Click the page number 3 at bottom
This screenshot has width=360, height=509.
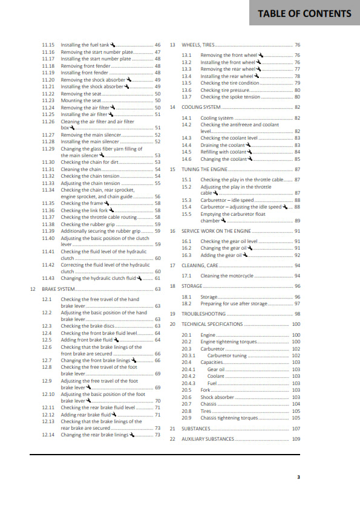[x=298, y=477]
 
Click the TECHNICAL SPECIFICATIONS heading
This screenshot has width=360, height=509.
[x=212, y=324]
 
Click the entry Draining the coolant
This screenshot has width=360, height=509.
[x=223, y=145]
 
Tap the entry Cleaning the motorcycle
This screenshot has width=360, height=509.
[x=227, y=276]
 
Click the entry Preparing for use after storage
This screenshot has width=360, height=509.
[x=234, y=303]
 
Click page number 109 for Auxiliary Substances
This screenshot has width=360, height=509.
[x=296, y=439]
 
